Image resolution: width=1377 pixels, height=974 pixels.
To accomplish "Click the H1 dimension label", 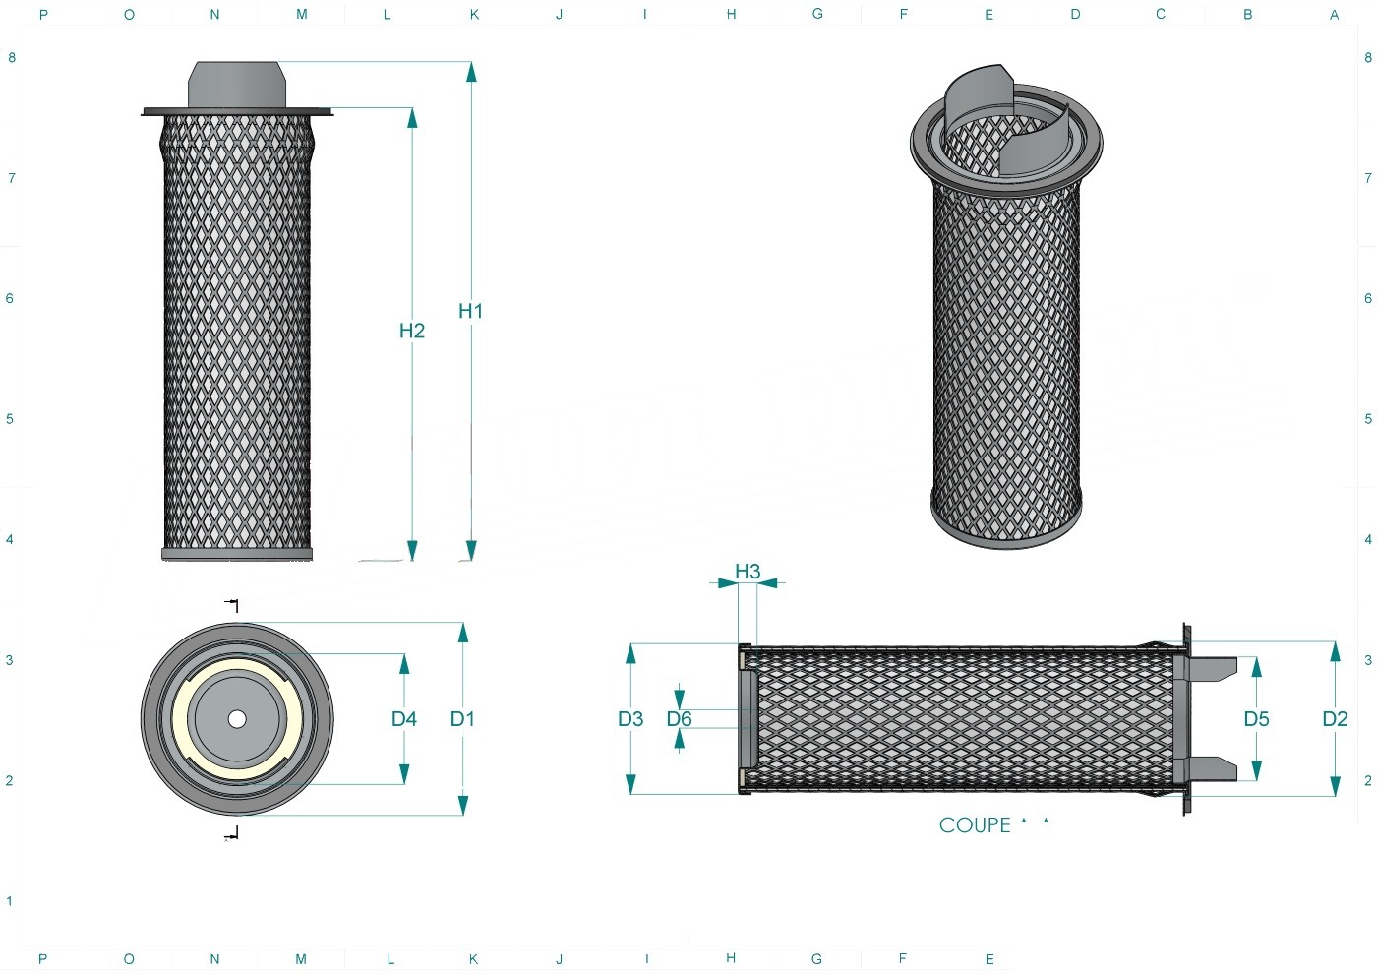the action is click(471, 311).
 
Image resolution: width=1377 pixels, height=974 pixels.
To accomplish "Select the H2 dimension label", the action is click(412, 331).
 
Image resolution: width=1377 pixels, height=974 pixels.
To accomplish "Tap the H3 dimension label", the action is click(748, 572).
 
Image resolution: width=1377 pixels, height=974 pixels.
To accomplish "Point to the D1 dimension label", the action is click(462, 719).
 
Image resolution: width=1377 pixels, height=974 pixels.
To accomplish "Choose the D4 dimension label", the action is click(404, 719).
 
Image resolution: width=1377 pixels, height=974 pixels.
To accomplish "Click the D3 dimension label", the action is click(630, 719).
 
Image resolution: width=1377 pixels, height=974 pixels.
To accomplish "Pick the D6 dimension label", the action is click(680, 719).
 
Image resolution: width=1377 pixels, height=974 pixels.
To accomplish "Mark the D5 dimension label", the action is click(1257, 719).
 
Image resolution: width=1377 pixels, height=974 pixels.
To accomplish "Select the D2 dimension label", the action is click(1336, 719).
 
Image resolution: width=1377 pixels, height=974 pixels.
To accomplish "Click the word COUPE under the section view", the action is click(975, 825).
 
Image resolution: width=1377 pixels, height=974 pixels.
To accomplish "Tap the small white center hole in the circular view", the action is click(237, 719).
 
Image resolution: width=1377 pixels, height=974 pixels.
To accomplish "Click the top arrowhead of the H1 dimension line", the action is click(471, 72).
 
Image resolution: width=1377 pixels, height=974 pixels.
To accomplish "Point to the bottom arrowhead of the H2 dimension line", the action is click(412, 550).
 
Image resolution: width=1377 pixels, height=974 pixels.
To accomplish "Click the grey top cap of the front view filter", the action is click(237, 85).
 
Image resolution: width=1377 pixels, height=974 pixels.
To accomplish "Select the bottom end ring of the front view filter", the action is click(237, 554).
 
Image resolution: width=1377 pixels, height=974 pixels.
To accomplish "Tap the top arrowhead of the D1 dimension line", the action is click(463, 633).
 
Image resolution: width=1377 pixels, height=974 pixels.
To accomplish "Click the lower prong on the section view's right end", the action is click(1205, 769).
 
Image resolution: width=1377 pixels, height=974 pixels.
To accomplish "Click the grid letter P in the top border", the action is click(43, 14).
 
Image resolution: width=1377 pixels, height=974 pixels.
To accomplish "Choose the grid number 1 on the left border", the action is click(9, 901).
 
